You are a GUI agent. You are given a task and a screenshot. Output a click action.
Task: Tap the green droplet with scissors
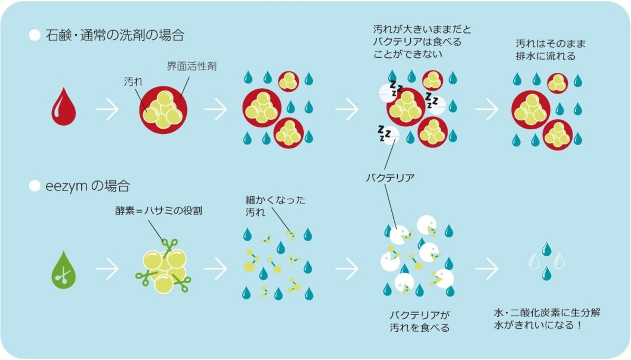[x=64, y=270]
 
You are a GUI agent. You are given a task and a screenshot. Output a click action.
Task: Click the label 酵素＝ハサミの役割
[x=157, y=211]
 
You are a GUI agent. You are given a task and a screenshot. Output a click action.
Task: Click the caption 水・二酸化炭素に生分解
[x=547, y=313]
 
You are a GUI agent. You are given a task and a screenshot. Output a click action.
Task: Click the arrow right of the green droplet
[x=107, y=269]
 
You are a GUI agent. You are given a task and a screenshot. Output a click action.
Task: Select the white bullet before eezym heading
[x=35, y=186]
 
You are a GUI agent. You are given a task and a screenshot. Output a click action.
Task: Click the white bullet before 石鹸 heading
[x=35, y=36]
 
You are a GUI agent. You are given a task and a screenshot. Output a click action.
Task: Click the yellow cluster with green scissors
[x=164, y=267]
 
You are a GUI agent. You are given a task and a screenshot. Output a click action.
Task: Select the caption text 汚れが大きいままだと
[x=422, y=30]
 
